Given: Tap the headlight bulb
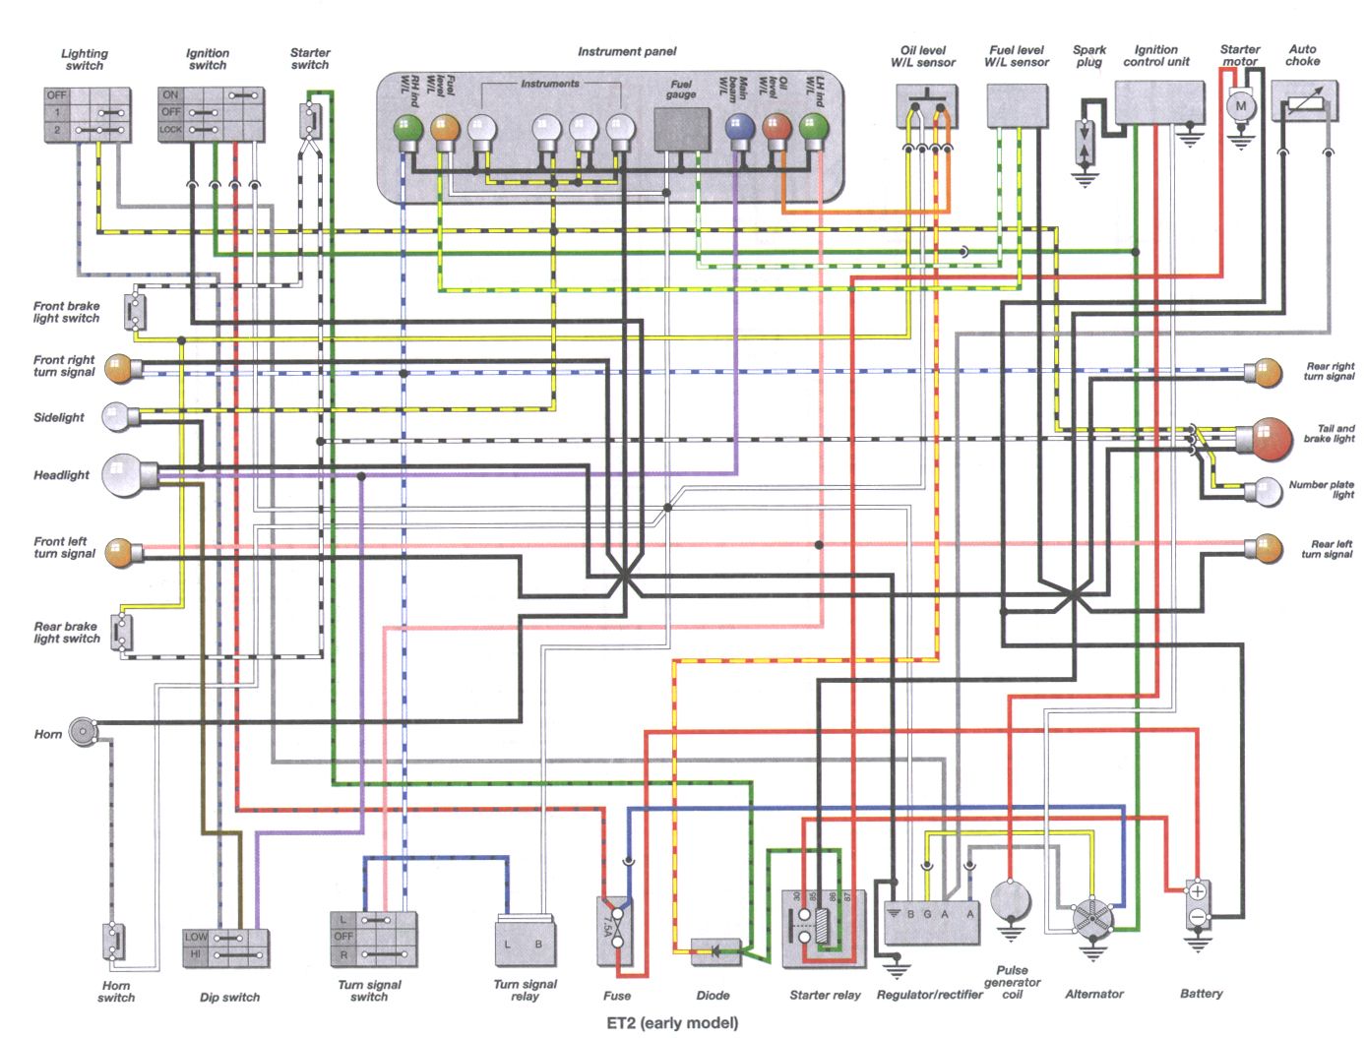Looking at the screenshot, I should click(x=124, y=475).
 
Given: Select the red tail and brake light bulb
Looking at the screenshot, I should click(x=1271, y=438).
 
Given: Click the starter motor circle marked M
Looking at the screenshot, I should click(x=1240, y=105).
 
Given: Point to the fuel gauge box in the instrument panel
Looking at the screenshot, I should click(x=682, y=129).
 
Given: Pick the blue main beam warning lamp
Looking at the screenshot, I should click(x=739, y=127).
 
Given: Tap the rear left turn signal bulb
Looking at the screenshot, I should click(x=1267, y=548).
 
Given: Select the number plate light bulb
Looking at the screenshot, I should click(x=1268, y=491).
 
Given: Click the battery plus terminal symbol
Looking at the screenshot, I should click(x=1197, y=892).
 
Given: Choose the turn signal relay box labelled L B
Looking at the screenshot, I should click(x=525, y=943).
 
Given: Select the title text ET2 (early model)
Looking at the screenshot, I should click(x=672, y=1023).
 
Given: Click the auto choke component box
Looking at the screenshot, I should click(x=1305, y=102).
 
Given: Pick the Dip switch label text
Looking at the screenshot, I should click(x=229, y=997).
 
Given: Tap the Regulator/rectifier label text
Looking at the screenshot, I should click(x=929, y=995).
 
